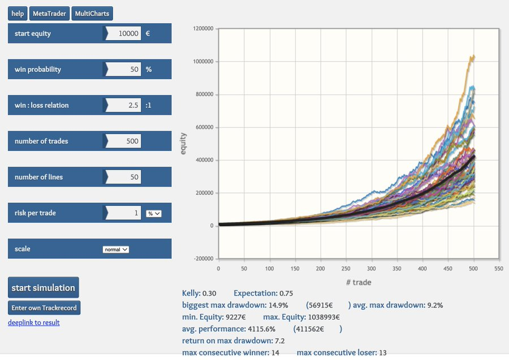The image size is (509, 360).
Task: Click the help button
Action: pos(18,14)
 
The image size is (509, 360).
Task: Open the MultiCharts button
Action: pos(92,14)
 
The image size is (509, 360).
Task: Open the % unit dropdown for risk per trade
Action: pos(153,213)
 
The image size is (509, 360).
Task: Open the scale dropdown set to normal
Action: pos(116,249)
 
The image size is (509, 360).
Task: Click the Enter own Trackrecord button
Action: pos(44,307)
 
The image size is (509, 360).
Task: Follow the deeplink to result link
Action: pos(33,323)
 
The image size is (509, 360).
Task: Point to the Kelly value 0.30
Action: pos(210,293)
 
